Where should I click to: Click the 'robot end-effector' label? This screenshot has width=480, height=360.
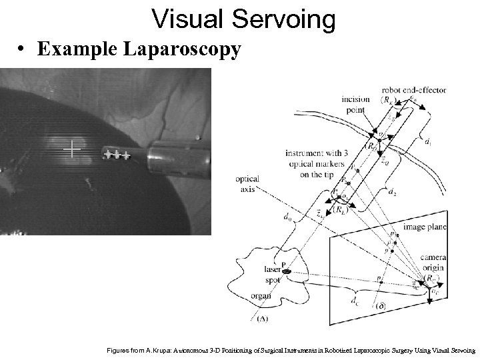click(414, 90)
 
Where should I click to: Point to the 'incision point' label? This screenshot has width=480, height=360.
click(355, 104)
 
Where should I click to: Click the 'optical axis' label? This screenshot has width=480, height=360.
click(246, 184)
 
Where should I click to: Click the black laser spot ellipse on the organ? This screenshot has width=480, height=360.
click(287, 271)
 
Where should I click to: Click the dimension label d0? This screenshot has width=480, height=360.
click(286, 217)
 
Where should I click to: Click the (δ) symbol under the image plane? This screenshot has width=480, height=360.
click(381, 306)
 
